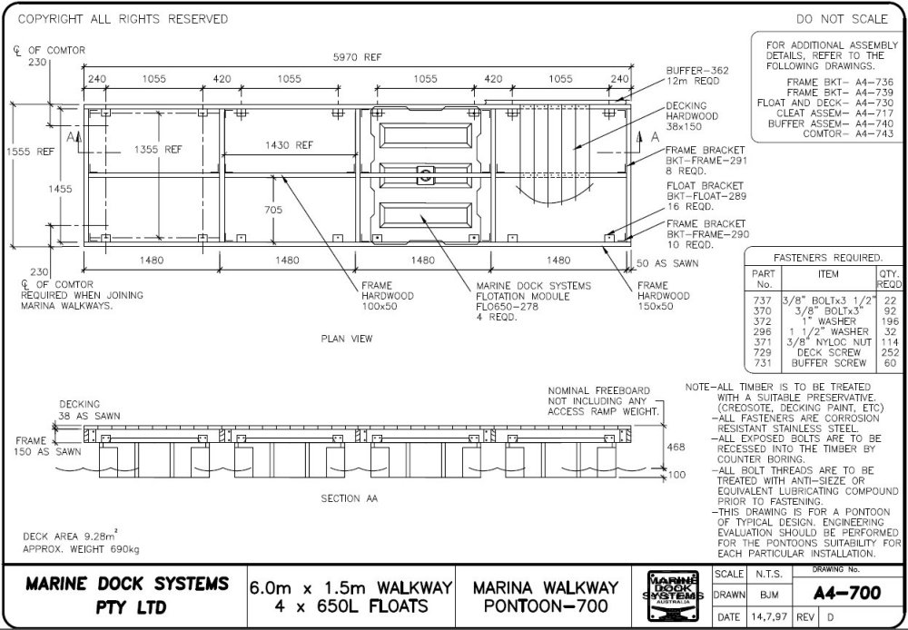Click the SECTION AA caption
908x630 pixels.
[x=349, y=499]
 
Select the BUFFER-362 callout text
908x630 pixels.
[x=698, y=69]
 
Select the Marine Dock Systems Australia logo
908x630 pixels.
[x=674, y=596]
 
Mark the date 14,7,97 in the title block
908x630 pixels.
[x=760, y=617]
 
